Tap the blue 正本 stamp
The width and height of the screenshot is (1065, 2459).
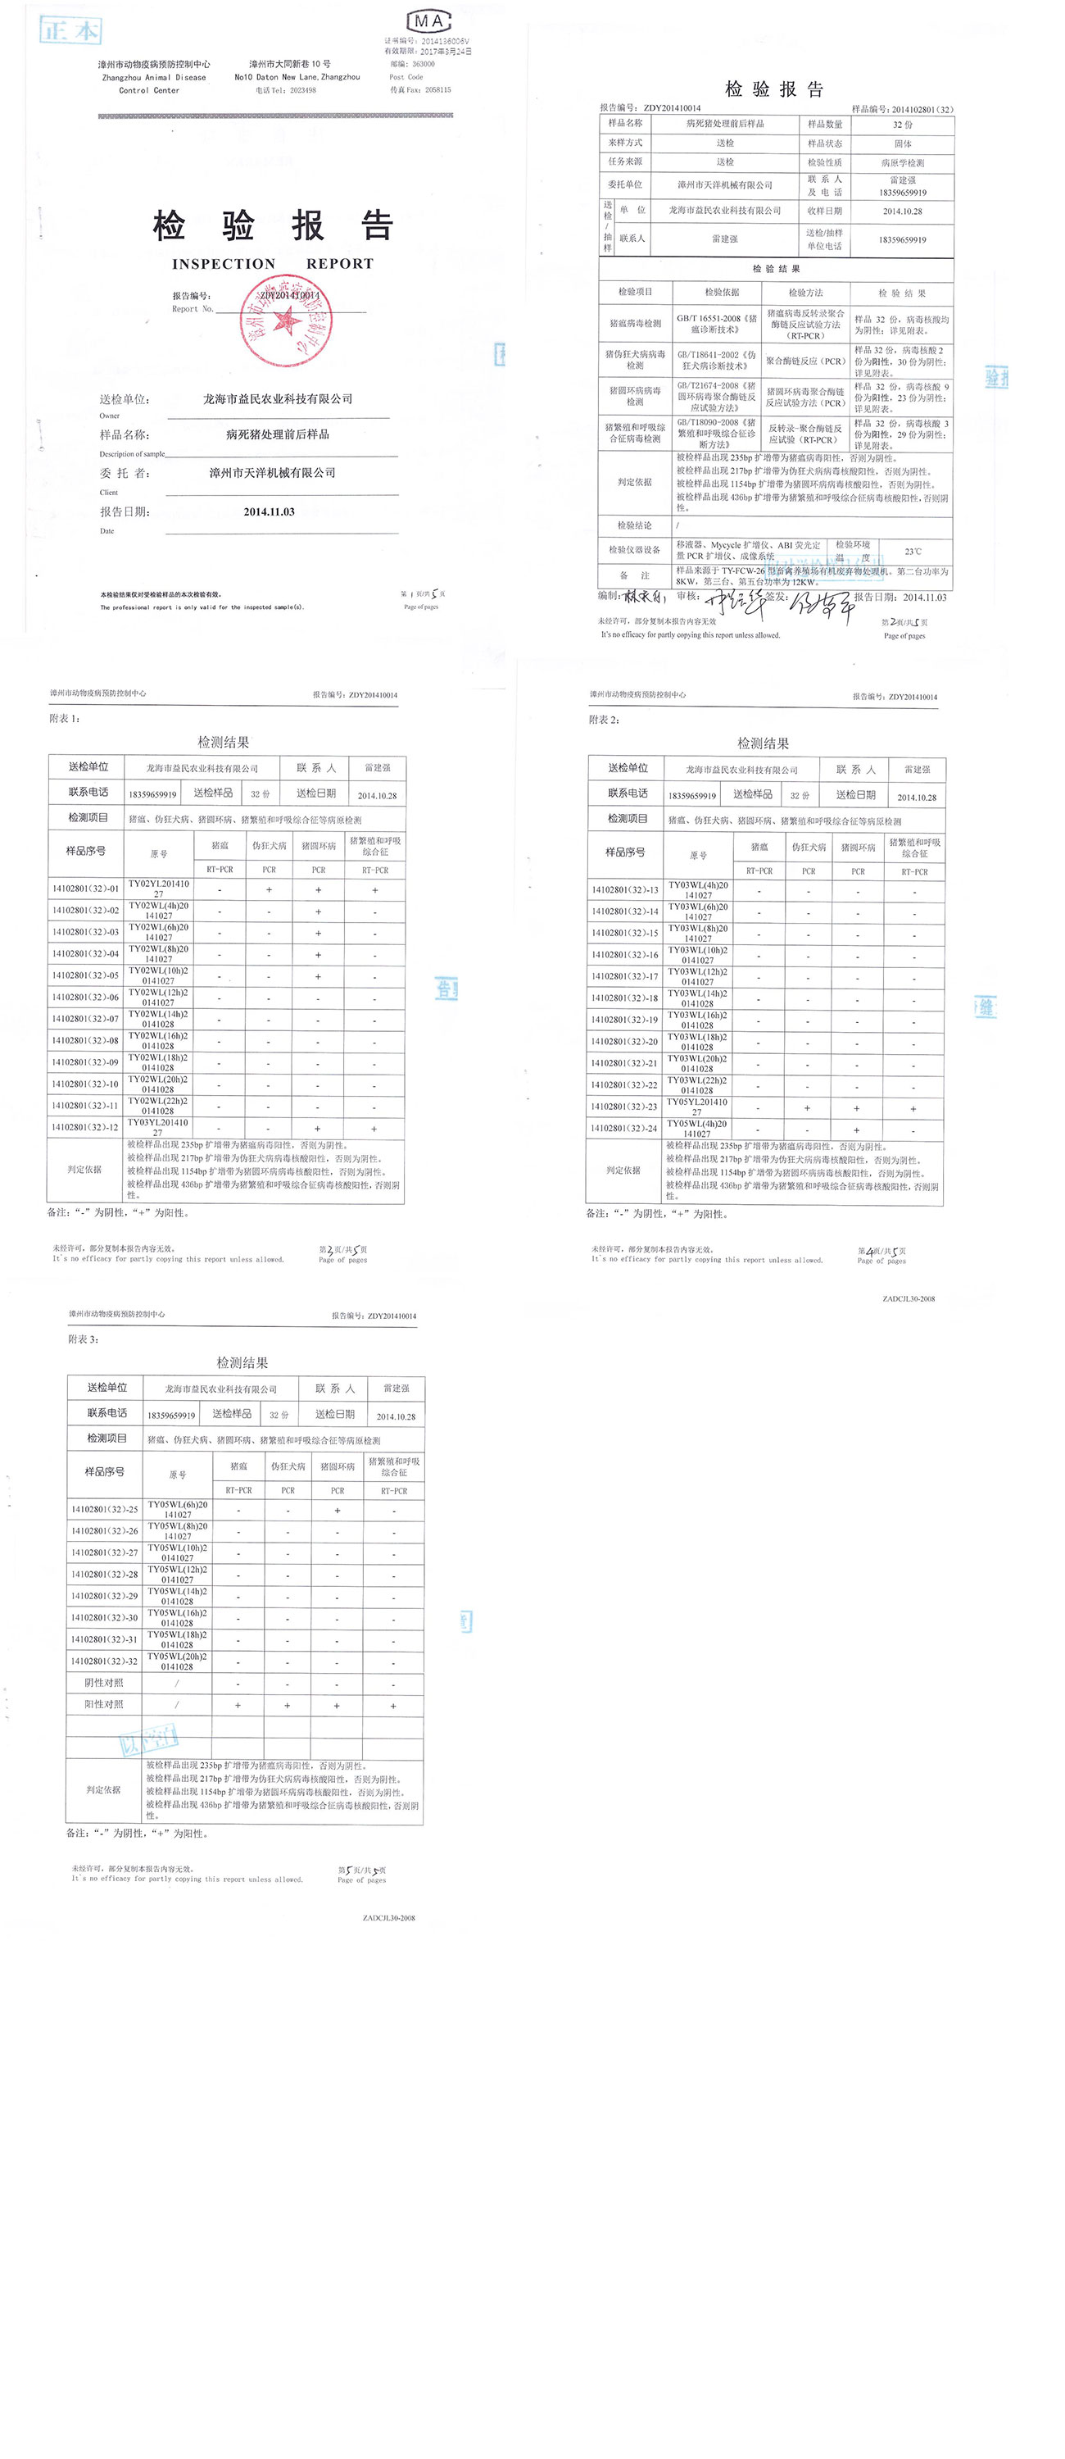(70, 30)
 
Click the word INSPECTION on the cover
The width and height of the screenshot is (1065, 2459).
(224, 263)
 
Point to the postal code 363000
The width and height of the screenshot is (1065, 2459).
(423, 64)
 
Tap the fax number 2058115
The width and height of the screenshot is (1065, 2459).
(438, 89)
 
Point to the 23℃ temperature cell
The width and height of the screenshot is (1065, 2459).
(913, 551)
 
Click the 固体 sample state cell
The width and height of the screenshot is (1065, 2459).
(902, 143)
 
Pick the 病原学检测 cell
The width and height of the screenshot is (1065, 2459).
(902, 162)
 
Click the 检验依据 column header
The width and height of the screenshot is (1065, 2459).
(720, 292)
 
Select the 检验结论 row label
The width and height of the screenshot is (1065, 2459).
(633, 525)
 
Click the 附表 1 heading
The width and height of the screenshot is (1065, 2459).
(65, 718)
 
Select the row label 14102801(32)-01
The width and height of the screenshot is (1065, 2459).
(86, 889)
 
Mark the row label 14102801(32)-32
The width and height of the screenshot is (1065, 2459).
(104, 1661)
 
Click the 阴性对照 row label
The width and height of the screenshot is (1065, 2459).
(104, 1682)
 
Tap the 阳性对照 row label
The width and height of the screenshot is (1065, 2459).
(104, 1704)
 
